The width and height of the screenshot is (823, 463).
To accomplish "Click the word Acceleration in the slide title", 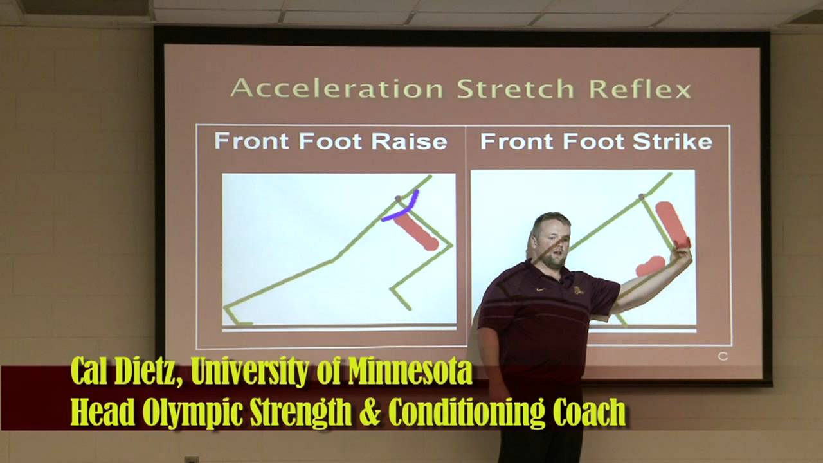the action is (337, 89).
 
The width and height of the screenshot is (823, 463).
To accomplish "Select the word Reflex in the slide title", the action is (640, 89).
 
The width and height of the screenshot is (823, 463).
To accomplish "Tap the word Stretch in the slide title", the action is (515, 89).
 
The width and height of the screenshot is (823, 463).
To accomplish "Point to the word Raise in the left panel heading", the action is (409, 141).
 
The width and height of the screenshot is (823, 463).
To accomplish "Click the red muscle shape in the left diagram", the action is (417, 232).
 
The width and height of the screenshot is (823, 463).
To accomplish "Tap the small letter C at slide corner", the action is (723, 356).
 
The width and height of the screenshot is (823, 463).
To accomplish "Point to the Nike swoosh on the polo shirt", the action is (539, 289).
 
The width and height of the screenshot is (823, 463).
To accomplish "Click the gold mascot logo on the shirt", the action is (578, 290).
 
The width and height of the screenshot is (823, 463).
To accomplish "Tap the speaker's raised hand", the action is (681, 253).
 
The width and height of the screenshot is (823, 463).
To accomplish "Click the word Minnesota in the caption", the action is (410, 371).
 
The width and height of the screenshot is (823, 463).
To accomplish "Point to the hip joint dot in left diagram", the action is (398, 199).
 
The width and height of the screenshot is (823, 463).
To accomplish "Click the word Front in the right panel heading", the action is (516, 141).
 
